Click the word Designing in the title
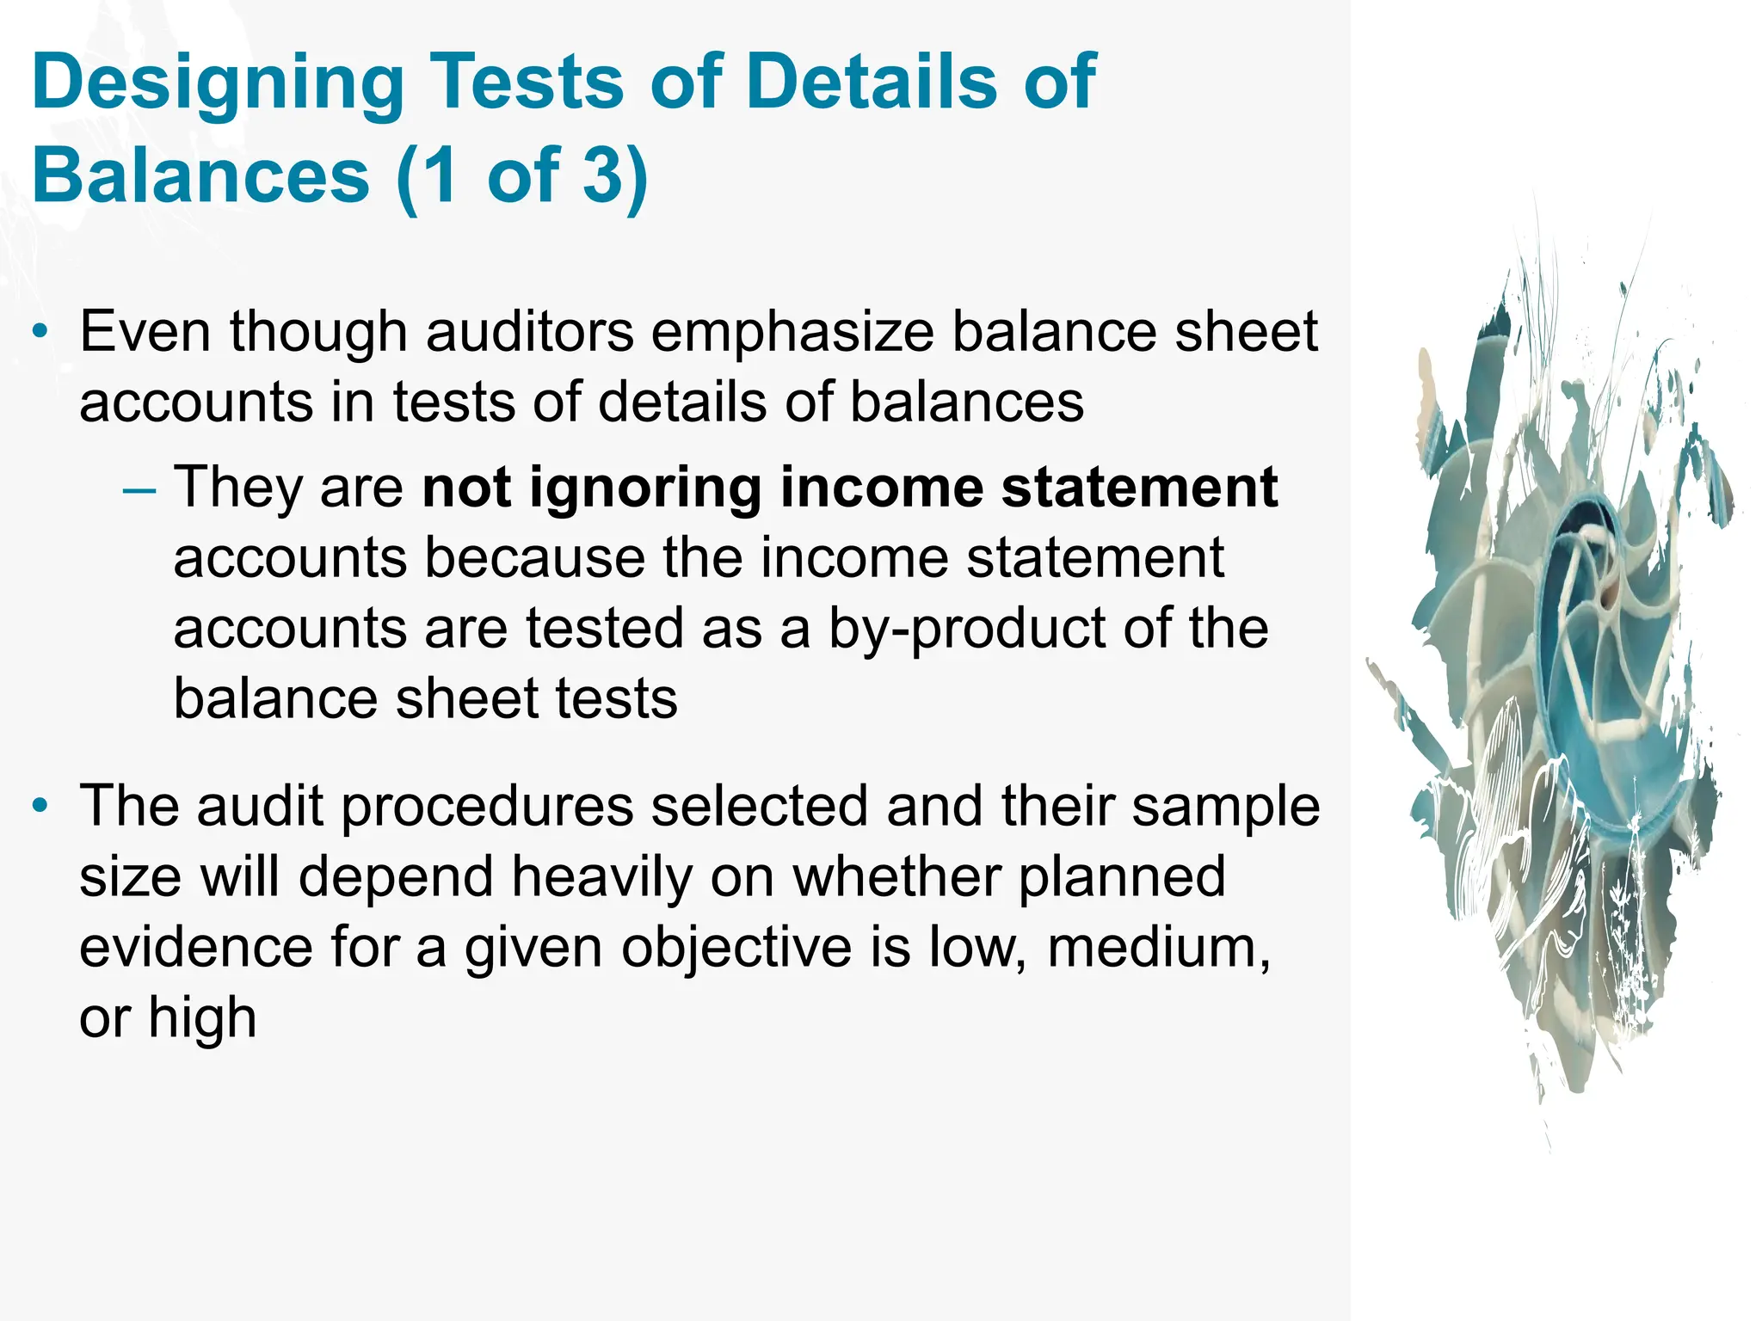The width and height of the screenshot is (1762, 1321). pos(217,83)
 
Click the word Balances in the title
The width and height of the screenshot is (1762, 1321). pos(200,175)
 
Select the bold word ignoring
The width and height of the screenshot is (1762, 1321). pos(645,488)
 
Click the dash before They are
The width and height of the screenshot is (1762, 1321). pos(139,489)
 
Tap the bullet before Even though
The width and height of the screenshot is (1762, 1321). pos(40,332)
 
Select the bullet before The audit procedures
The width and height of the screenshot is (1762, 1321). pos(40,807)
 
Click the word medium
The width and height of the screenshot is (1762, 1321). pos(1158,948)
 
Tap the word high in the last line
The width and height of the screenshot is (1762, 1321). pos(202,1017)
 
